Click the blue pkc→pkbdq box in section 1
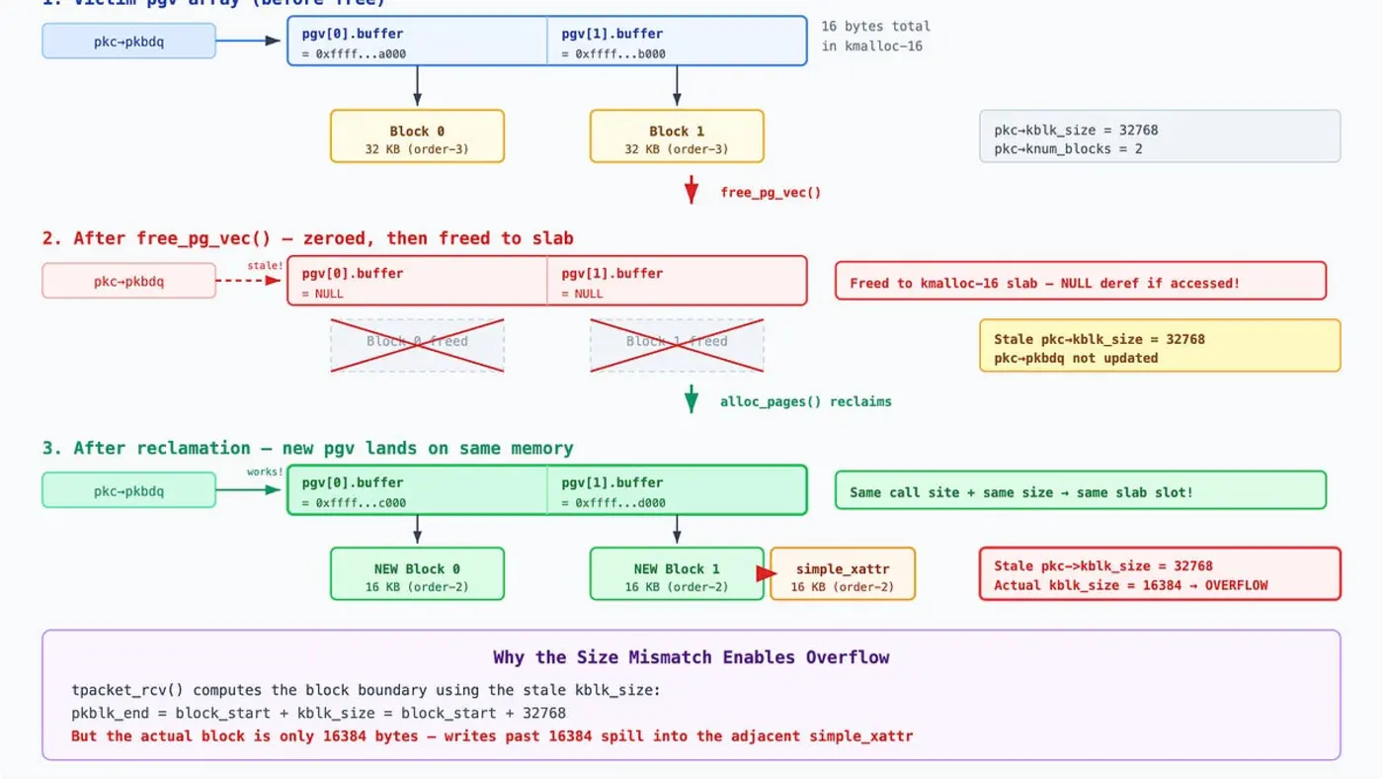click(x=128, y=41)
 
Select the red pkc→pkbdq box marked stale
click(x=128, y=281)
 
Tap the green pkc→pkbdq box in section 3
click(x=128, y=490)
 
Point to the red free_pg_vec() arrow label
click(x=771, y=193)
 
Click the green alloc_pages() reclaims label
click(x=805, y=401)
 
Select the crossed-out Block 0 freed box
click(x=417, y=345)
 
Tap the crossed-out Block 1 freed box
click(x=677, y=345)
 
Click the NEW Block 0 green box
click(x=417, y=574)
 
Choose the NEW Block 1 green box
click(x=677, y=574)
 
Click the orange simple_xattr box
click(x=843, y=574)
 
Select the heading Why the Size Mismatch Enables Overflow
click(x=691, y=657)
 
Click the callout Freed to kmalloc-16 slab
click(x=1080, y=282)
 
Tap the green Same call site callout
click(x=1080, y=491)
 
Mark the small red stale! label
click(x=265, y=266)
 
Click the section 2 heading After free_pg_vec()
click(x=307, y=238)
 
